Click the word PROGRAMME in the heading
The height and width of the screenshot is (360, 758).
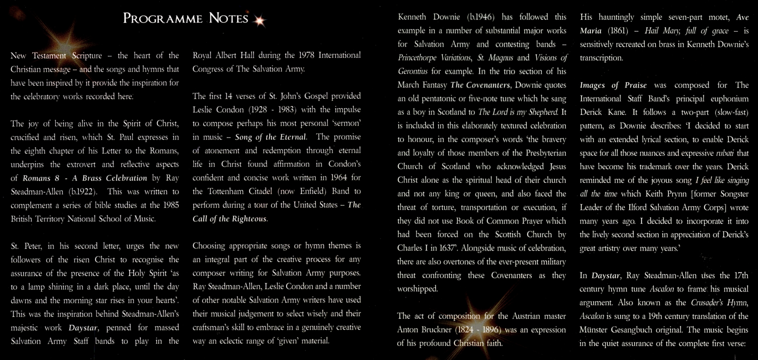tap(163, 18)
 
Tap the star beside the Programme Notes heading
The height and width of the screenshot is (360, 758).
tap(260, 20)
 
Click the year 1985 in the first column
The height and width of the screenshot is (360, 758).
tap(171, 205)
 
